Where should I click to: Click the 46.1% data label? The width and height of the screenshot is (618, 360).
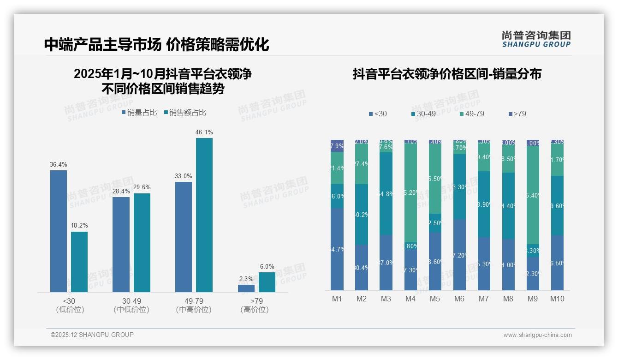[204, 132]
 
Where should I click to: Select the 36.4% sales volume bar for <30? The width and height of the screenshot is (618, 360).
[59, 231]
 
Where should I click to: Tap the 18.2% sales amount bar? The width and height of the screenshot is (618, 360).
[79, 262]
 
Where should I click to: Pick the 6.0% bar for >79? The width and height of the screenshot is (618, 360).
[267, 282]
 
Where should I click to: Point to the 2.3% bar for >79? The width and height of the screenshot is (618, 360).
[246, 288]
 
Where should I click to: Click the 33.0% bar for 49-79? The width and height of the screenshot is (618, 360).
[184, 237]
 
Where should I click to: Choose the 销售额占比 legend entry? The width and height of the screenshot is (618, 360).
[185, 113]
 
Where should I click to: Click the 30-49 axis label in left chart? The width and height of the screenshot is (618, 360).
[131, 301]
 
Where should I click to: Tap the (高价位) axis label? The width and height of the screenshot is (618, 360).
[255, 310]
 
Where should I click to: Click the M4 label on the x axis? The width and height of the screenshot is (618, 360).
[410, 299]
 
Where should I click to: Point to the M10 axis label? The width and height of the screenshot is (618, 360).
[557, 299]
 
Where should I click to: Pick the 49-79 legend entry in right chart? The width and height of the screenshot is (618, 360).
[472, 114]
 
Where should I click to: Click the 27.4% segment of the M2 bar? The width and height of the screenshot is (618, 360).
[362, 164]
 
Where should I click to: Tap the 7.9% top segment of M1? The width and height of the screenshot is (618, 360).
[337, 146]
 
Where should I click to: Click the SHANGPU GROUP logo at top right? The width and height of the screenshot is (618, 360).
[536, 39]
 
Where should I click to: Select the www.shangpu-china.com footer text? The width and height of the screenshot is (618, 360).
[537, 335]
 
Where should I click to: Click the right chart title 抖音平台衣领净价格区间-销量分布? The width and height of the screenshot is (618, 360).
[446, 74]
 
